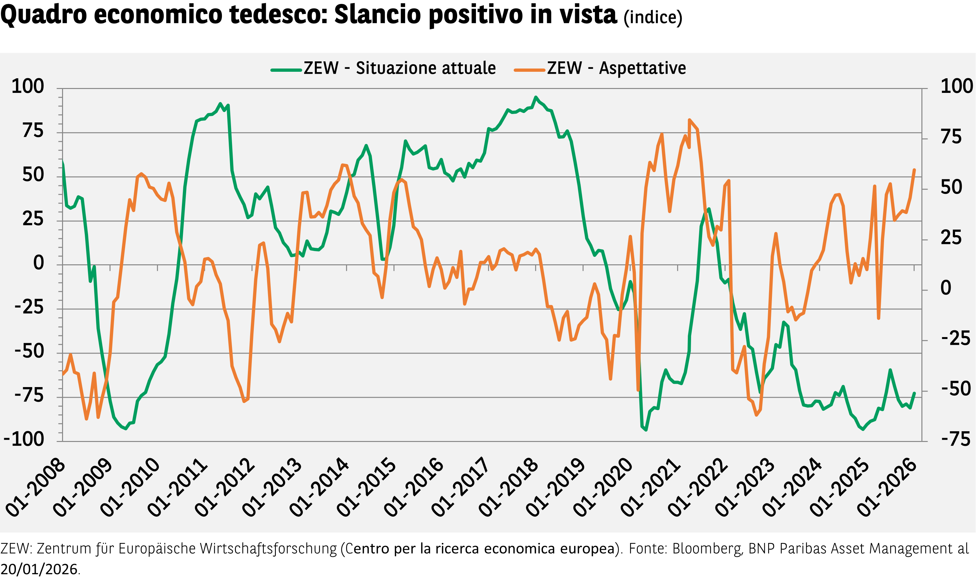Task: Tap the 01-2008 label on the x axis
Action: [36, 488]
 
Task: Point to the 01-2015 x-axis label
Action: [367, 488]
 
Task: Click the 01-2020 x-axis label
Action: [603, 488]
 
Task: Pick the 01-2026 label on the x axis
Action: [887, 488]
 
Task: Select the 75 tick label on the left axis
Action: [33, 131]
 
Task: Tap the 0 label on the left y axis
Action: [39, 263]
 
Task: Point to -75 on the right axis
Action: [955, 439]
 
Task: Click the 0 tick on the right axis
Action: [946, 288]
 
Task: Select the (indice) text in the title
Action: [652, 17]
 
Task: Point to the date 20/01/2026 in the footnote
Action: [39, 569]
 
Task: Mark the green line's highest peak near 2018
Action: [536, 97]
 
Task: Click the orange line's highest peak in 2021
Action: [689, 120]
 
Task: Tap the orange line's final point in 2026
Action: [914, 170]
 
